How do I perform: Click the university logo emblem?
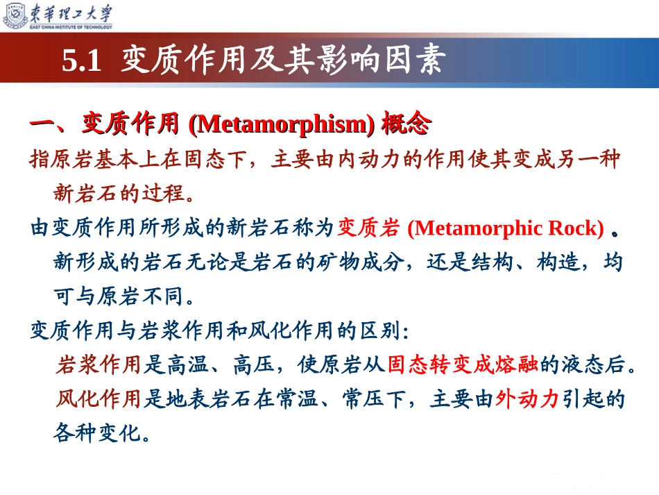15,15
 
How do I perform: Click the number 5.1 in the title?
82,60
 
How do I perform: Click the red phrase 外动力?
527,398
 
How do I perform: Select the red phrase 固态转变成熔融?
463,364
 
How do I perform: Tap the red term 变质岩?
368,228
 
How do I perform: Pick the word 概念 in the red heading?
406,123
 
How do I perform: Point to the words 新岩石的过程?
119,194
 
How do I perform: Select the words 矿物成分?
359,262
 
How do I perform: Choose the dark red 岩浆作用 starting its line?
98,364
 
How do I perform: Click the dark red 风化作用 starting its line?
98,398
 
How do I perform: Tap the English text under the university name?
71,27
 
